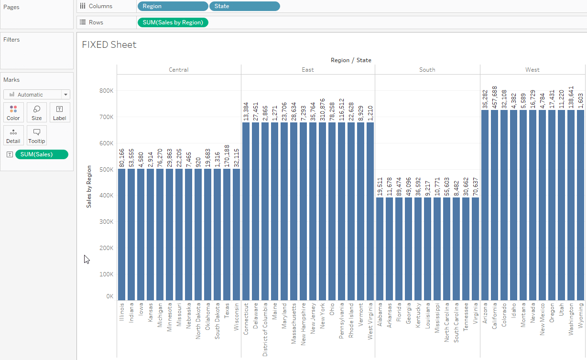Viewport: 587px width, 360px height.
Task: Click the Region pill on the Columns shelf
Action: tap(173, 6)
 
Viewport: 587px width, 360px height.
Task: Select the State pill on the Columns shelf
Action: tap(244, 6)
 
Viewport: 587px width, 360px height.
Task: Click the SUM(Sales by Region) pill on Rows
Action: tap(172, 22)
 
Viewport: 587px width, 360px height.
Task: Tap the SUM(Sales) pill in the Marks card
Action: tap(42, 154)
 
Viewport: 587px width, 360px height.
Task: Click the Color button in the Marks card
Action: tap(13, 112)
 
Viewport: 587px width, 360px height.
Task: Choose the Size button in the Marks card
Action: tap(37, 112)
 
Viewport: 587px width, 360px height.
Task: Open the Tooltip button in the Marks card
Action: tap(37, 136)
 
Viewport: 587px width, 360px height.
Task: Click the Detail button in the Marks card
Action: tap(13, 136)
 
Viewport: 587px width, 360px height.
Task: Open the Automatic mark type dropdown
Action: tap(37, 95)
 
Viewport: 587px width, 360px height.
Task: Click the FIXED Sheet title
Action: tap(109, 45)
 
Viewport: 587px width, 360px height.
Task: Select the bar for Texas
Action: tap(227, 234)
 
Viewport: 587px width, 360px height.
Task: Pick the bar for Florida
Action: tap(399, 249)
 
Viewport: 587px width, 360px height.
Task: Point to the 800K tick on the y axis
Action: tap(106, 91)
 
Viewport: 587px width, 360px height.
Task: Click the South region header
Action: tap(427, 70)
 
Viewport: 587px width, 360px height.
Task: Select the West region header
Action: tap(533, 70)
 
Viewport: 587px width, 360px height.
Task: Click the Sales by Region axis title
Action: tap(89, 186)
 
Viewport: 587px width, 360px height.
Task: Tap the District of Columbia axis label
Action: tap(265, 329)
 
